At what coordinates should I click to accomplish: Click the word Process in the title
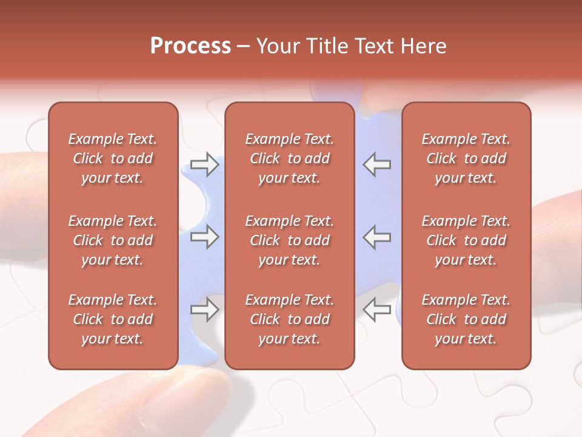click(x=190, y=46)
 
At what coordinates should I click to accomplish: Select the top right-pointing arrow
click(x=205, y=164)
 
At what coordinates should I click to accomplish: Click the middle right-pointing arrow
click(x=205, y=237)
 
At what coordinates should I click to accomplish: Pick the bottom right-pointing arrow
click(x=205, y=310)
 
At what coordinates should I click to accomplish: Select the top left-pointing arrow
click(x=376, y=164)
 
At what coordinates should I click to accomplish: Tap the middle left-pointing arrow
click(x=376, y=237)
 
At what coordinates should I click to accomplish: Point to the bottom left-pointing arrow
click(x=376, y=310)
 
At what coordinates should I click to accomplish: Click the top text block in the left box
click(x=113, y=158)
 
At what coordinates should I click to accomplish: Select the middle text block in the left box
click(x=113, y=240)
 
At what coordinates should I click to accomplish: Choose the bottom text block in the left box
click(x=113, y=319)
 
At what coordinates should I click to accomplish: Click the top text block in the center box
click(x=289, y=158)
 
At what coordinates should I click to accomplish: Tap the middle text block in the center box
click(x=289, y=240)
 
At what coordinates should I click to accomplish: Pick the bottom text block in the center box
click(x=289, y=319)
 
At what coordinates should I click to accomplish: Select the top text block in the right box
click(x=466, y=158)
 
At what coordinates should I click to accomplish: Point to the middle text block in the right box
click(x=466, y=240)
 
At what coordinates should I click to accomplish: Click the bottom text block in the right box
click(x=466, y=319)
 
